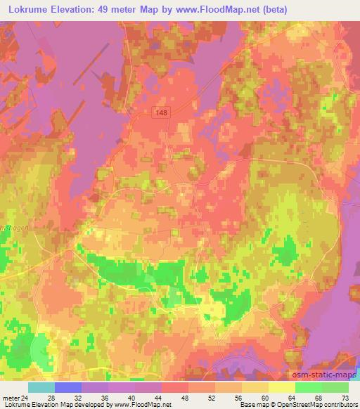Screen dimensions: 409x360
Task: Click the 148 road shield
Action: pos(162,112)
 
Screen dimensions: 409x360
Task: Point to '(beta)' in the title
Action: pos(251,8)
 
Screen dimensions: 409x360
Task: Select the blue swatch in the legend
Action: pos(67,387)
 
